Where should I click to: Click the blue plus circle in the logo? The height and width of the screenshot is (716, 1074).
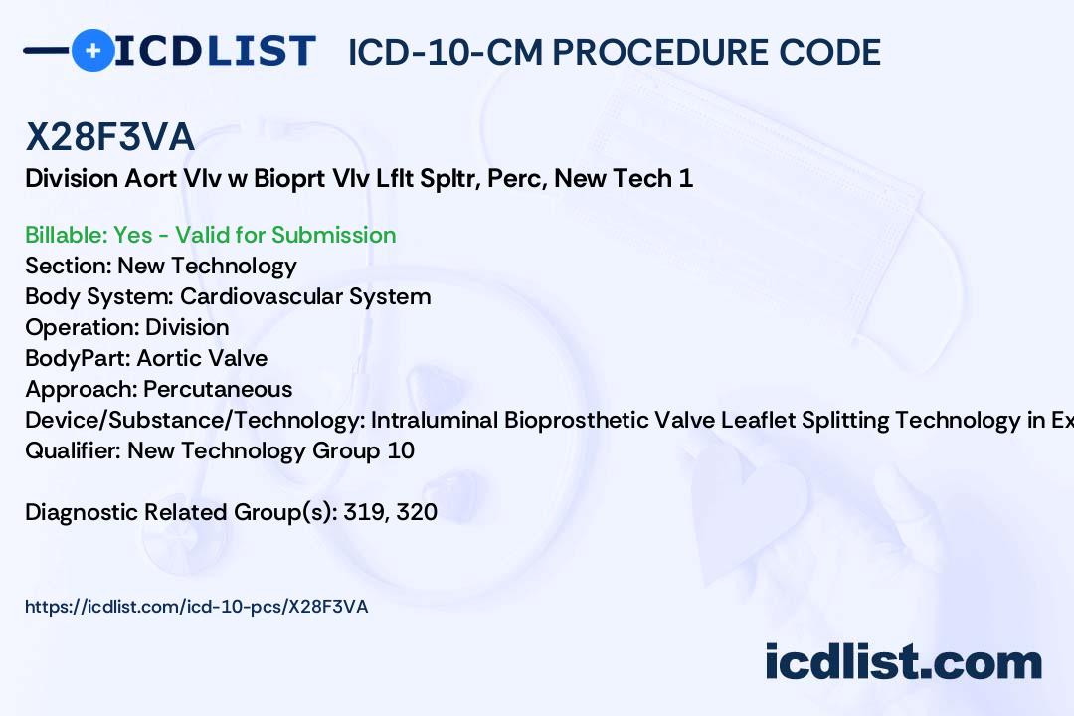click(x=92, y=50)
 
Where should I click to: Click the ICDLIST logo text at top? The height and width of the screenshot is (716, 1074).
click(x=215, y=50)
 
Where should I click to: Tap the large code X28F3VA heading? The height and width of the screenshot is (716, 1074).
click(x=109, y=138)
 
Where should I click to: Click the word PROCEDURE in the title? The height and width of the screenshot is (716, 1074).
click(x=651, y=52)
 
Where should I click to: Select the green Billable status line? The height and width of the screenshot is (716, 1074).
click(x=211, y=235)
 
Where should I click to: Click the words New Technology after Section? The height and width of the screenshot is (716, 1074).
click(x=207, y=266)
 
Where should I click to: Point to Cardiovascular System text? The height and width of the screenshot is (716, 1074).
click(x=305, y=296)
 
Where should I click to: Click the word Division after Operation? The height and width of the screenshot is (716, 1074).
click(x=187, y=327)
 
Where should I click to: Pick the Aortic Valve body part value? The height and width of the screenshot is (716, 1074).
click(x=202, y=358)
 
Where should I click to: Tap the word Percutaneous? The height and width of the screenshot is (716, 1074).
click(x=218, y=389)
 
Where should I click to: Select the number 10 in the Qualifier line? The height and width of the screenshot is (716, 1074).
click(x=401, y=450)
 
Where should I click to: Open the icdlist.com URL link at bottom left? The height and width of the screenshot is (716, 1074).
click(x=196, y=607)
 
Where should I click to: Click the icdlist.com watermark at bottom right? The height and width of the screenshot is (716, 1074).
click(x=903, y=662)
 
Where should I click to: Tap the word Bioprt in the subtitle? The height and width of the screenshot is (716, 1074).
click(x=285, y=179)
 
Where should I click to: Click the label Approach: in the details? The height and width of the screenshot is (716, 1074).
click(x=81, y=389)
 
